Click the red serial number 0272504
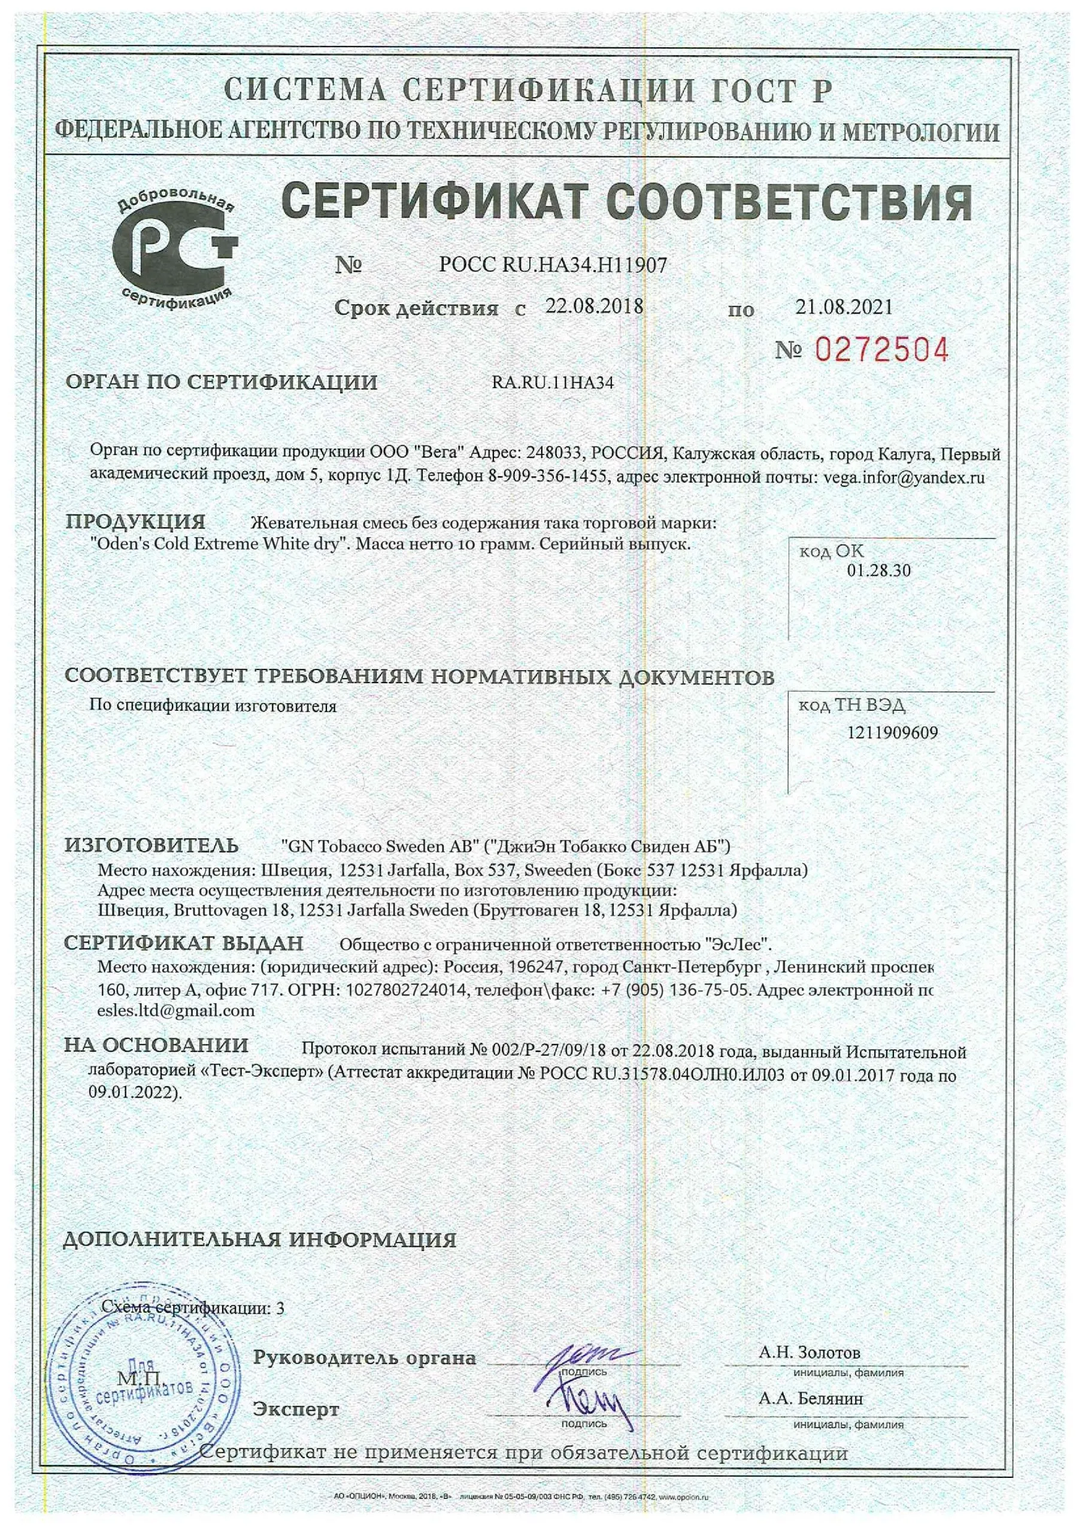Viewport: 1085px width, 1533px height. coord(882,350)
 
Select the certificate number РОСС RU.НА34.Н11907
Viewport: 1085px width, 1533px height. coord(553,265)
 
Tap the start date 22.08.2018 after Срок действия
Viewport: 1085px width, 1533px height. coord(594,307)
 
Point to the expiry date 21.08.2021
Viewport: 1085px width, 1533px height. coord(844,307)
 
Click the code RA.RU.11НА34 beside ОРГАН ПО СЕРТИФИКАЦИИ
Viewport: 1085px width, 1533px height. coord(553,383)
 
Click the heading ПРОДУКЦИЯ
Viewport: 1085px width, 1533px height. coord(135,522)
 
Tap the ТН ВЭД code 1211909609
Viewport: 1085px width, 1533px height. coord(892,733)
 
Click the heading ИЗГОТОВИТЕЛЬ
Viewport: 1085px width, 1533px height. coord(151,846)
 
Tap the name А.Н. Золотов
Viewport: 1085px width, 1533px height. coord(809,1353)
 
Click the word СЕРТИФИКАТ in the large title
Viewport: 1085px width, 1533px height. coord(434,202)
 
